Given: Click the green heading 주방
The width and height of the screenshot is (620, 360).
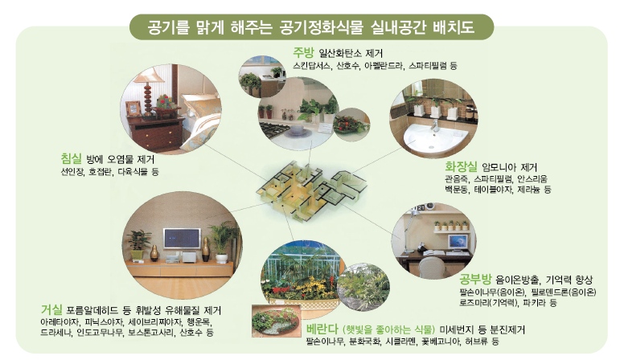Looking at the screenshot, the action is [303, 52].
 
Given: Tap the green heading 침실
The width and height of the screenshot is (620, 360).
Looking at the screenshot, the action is [71, 159].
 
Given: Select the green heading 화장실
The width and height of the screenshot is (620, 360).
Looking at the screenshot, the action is [461, 166].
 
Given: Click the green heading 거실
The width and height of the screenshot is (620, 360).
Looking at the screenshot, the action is [51, 309].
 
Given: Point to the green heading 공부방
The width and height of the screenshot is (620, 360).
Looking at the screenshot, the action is [475, 280].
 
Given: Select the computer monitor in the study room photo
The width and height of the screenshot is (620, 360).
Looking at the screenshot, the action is [458, 242].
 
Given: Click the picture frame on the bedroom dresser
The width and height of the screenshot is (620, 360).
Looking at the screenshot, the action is [133, 108].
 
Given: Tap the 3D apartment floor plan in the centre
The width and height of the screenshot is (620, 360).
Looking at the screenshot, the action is [311, 189].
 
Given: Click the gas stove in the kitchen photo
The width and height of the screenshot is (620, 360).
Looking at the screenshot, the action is [277, 130].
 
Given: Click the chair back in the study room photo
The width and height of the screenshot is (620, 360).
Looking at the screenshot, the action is [432, 267].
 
